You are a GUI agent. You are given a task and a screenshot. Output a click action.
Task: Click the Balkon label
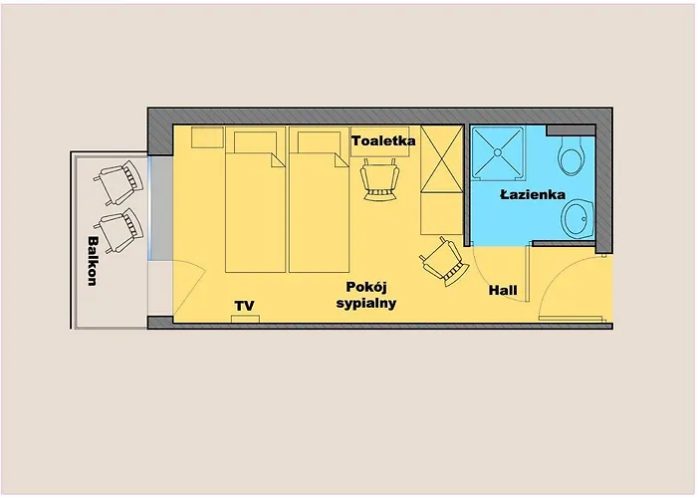click(x=92, y=262)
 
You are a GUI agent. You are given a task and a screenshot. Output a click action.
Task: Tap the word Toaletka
click(x=383, y=141)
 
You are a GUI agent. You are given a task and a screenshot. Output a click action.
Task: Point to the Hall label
click(x=503, y=291)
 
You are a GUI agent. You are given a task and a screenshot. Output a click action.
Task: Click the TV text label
click(x=244, y=305)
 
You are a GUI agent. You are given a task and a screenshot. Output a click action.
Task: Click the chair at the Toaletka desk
click(x=380, y=181)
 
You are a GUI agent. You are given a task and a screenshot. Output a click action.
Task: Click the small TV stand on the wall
click(x=245, y=318)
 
